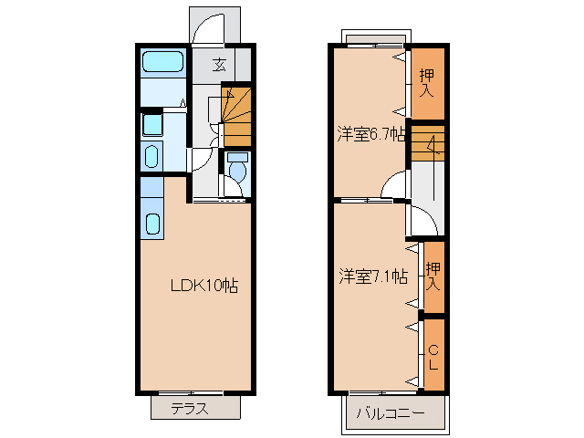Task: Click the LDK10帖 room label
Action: point(204,286)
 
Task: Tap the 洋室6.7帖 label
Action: point(371,134)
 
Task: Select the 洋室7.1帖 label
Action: point(373,276)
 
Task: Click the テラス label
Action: point(190,409)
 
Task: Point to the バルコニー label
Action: point(391,413)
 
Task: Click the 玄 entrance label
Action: point(219,65)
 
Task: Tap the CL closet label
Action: point(433,358)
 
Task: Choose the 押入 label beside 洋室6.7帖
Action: point(427,83)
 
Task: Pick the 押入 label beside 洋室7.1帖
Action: point(433,276)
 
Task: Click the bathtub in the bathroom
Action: point(163,61)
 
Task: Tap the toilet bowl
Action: point(237,168)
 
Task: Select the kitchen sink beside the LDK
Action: point(152,224)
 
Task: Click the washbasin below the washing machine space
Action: point(151,157)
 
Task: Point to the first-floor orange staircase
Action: point(236,116)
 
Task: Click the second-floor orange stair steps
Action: point(428,143)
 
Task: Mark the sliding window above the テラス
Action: point(191,393)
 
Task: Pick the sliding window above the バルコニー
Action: point(383,393)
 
